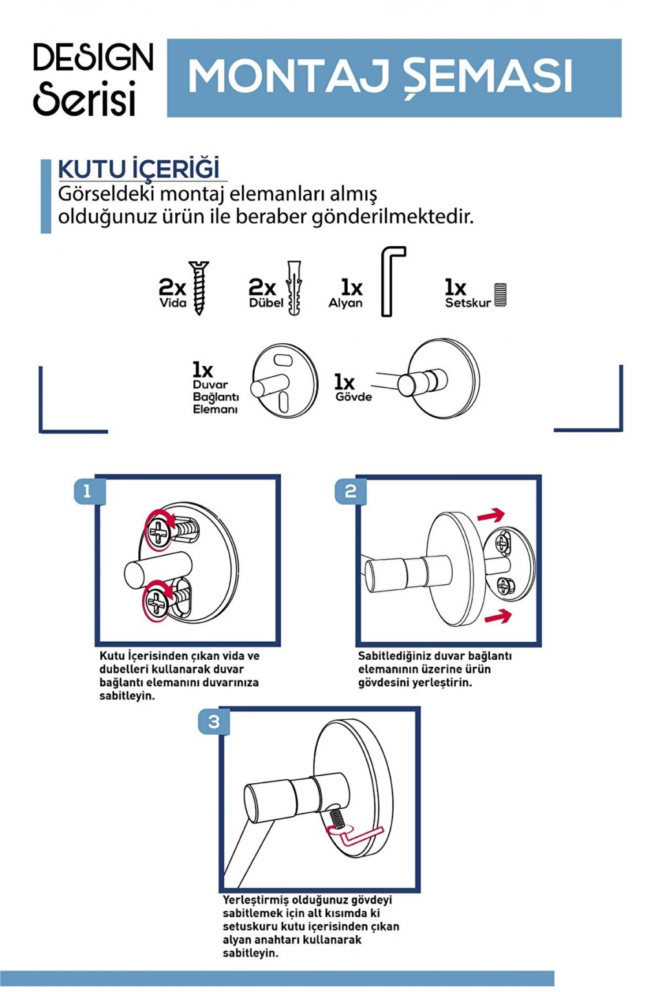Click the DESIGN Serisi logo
tap(94, 79)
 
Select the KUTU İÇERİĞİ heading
tap(139, 169)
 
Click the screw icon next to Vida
tap(198, 288)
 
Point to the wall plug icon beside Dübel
tap(294, 288)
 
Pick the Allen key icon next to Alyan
tap(392, 281)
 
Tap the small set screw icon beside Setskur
tap(500, 295)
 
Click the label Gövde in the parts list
tap(353, 397)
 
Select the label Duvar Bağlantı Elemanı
tap(215, 397)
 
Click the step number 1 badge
tap(87, 491)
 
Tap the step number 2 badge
tap(350, 491)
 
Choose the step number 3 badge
tap(213, 722)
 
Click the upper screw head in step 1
tap(158, 531)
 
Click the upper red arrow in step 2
tap(491, 515)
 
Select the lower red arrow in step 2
tap(498, 616)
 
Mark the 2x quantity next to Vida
tap(173, 288)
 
